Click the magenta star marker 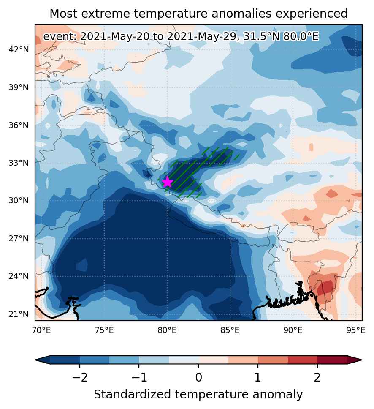pyautogui.click(x=167, y=182)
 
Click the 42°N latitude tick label pyautogui.click(x=19, y=49)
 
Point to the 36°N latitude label pyautogui.click(x=19, y=125)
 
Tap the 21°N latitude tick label pyautogui.click(x=19, y=314)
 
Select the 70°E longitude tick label pyautogui.click(x=41, y=330)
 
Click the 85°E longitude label pyautogui.click(x=230, y=330)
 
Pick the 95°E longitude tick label pyautogui.click(x=356, y=330)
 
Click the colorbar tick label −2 pyautogui.click(x=79, y=377)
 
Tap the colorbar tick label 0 pyautogui.click(x=198, y=377)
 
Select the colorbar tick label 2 pyautogui.click(x=317, y=377)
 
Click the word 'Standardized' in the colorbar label pyautogui.click(x=133, y=394)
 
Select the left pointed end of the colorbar pyautogui.click(x=36, y=360)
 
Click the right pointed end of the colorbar pyautogui.click(x=361, y=360)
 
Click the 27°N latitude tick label pyautogui.click(x=19, y=238)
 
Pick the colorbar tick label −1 pyautogui.click(x=139, y=377)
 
